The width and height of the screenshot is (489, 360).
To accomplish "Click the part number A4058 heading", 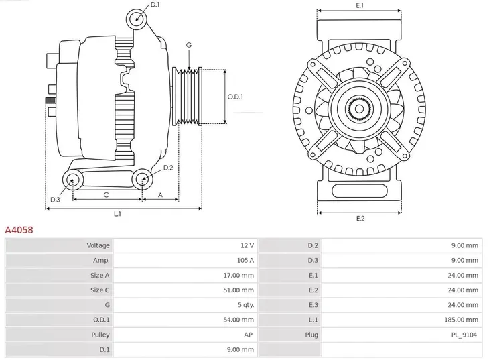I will click(x=19, y=230).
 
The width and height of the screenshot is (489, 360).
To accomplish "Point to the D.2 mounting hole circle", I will click(x=141, y=178).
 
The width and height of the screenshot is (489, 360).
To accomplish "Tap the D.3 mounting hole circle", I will click(x=72, y=179).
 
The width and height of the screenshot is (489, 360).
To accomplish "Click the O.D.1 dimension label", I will click(x=235, y=97).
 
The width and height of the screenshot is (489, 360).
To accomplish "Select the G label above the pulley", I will click(x=189, y=45).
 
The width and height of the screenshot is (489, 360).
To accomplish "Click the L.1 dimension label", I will click(x=117, y=214).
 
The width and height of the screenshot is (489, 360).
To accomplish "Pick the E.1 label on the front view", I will click(x=360, y=6).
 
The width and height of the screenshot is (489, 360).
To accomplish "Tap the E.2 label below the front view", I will click(x=360, y=219).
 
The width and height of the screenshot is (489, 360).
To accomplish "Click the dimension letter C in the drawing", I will click(x=106, y=195).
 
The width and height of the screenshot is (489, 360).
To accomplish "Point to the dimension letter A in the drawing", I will click(x=160, y=195).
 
